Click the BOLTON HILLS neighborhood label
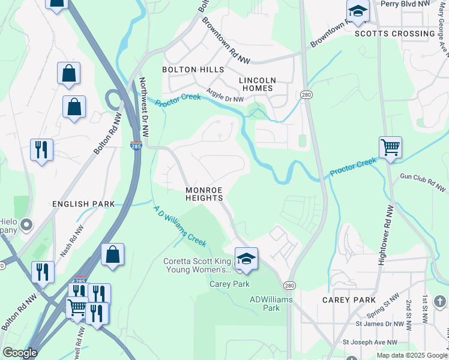193,70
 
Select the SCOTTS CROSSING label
394,34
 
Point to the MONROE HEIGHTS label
204,193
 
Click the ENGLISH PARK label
83,204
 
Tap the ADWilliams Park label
264,304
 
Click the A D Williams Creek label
180,226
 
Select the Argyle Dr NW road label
225,95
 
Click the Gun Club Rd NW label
424,183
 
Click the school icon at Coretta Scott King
246,258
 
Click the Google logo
20,353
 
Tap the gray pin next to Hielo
26,225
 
